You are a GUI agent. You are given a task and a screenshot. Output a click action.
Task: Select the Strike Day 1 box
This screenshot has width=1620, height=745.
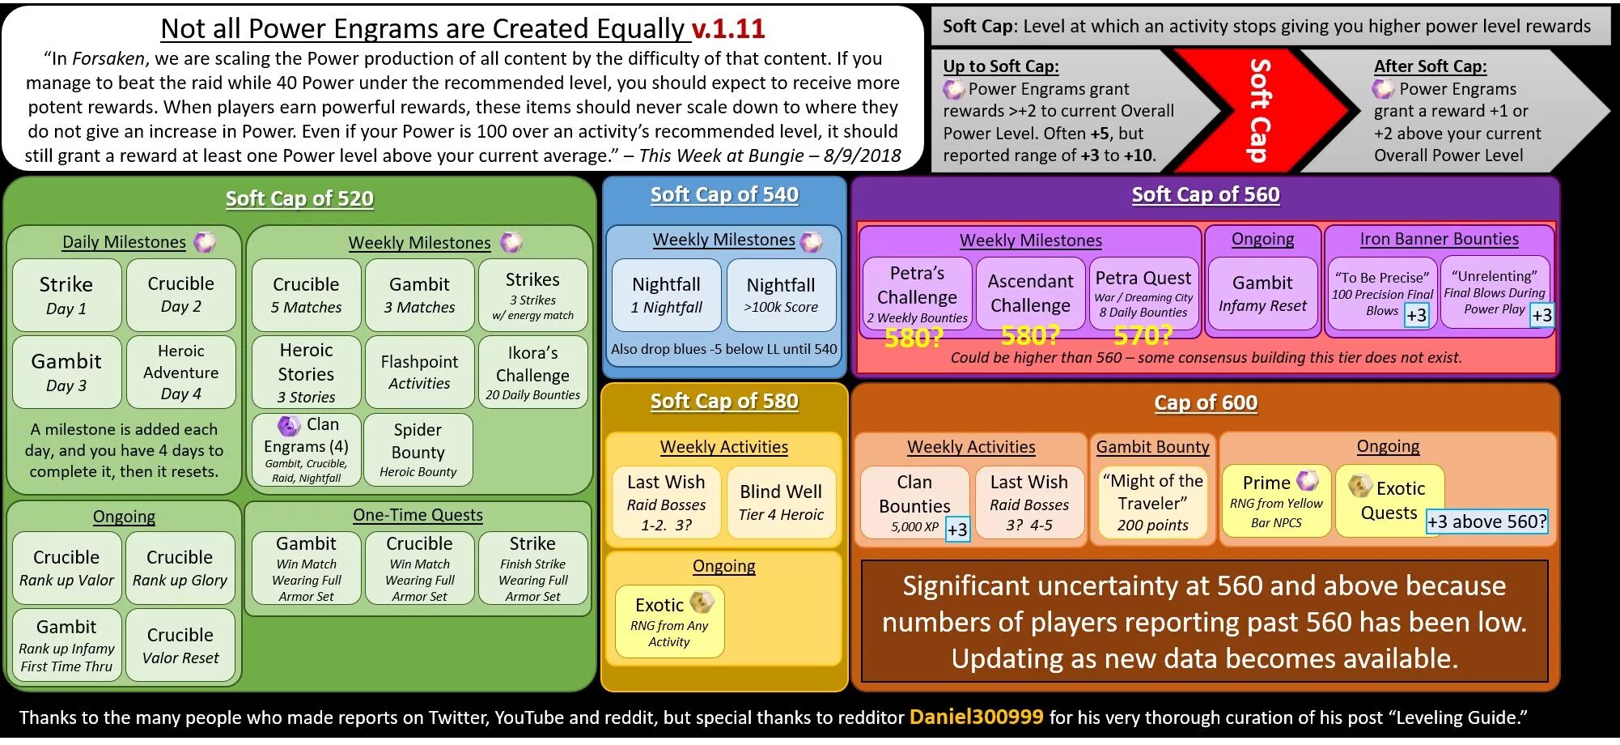pyautogui.click(x=66, y=295)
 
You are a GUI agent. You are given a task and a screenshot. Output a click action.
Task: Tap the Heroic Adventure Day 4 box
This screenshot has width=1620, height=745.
pyautogui.click(x=180, y=372)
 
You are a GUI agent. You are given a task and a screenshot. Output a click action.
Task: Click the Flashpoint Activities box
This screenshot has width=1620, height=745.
pyautogui.click(x=419, y=372)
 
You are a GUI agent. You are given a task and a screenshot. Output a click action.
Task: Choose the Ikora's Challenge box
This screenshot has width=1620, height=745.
pyautogui.click(x=532, y=372)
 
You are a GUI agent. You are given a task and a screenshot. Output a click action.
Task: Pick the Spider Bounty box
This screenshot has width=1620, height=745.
pyautogui.click(x=418, y=450)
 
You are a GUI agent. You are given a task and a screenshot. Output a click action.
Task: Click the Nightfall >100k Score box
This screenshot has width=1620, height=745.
pyautogui.click(x=781, y=295)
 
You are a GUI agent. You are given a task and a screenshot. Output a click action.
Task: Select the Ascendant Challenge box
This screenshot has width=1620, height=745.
pyautogui.click(x=1030, y=293)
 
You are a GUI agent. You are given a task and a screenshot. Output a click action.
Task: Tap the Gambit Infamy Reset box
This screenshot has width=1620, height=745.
pyautogui.click(x=1262, y=293)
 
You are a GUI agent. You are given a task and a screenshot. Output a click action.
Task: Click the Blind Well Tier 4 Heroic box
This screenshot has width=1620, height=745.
pyautogui.click(x=781, y=502)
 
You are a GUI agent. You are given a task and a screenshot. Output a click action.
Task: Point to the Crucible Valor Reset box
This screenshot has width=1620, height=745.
pyautogui.click(x=180, y=645)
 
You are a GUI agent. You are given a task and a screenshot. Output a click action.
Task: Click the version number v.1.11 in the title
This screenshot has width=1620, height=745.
pyautogui.click(x=728, y=29)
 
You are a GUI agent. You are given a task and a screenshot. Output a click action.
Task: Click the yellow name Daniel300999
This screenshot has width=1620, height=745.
pyautogui.click(x=976, y=717)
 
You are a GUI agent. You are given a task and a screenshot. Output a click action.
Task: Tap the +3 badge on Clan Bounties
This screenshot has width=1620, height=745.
pyautogui.click(x=957, y=530)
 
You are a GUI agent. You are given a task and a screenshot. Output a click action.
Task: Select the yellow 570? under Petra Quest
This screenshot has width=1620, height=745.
pyautogui.click(x=1143, y=334)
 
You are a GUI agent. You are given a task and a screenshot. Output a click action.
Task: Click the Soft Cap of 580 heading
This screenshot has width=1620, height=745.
pyautogui.click(x=724, y=402)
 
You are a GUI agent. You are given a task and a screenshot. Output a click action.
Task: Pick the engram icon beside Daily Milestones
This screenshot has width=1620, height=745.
pyautogui.click(x=206, y=241)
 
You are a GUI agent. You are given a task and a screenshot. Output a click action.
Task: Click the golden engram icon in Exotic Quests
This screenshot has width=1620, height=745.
pyautogui.click(x=1359, y=486)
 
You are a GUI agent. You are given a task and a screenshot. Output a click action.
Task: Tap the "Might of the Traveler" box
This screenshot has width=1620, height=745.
pyautogui.click(x=1152, y=502)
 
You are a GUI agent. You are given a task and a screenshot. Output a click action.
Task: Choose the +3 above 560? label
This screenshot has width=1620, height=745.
pyautogui.click(x=1486, y=521)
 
